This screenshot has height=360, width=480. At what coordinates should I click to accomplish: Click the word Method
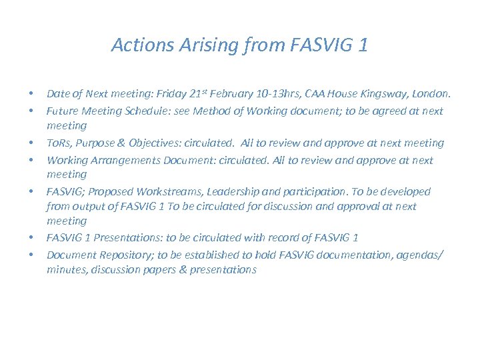pos(211,111)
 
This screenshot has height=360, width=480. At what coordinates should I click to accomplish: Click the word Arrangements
pos(124,160)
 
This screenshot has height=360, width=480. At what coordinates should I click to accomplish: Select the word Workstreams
pos(174,191)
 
